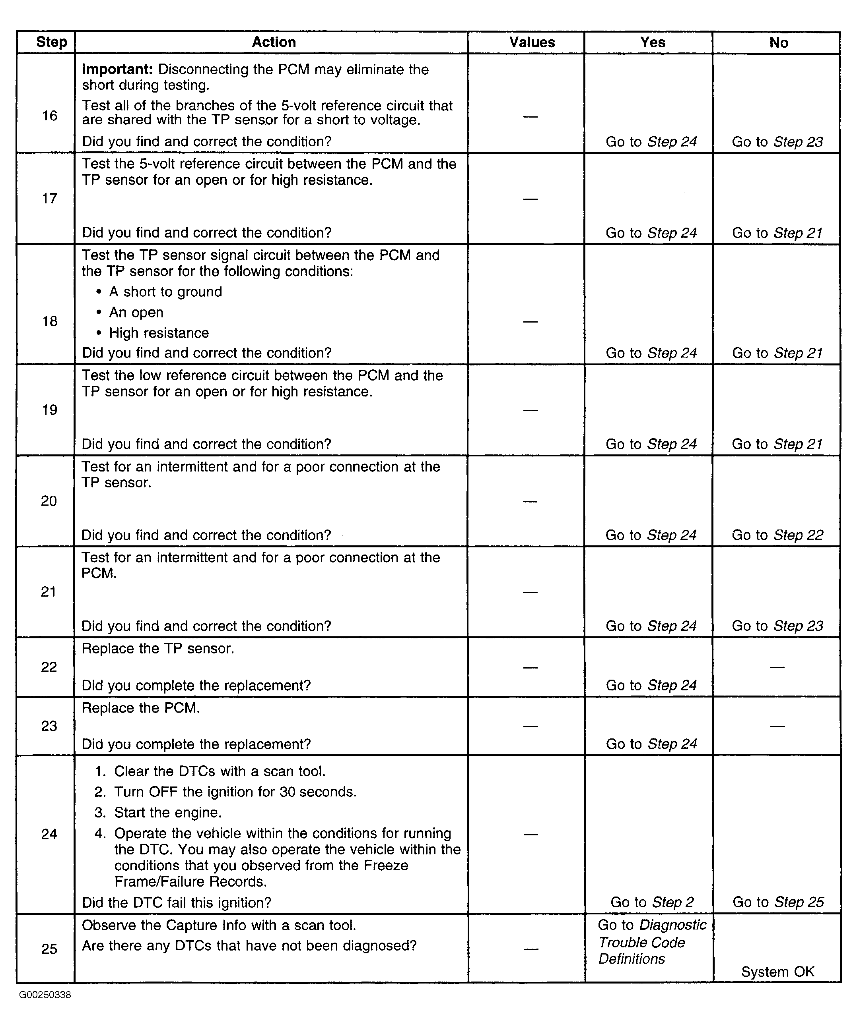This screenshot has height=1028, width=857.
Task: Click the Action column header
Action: (274, 43)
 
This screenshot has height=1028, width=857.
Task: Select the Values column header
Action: (532, 43)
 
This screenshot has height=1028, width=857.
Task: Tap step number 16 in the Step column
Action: (49, 116)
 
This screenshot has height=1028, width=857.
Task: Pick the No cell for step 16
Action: (777, 142)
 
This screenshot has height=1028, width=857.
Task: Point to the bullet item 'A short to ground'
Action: (165, 292)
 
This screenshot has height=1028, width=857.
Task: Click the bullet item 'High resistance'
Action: (159, 333)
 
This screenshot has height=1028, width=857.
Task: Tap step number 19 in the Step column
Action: (49, 410)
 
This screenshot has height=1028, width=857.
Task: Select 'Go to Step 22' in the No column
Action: (777, 535)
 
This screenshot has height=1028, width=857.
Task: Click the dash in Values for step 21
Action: (530, 592)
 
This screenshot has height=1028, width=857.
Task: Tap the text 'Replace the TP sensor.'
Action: (158, 649)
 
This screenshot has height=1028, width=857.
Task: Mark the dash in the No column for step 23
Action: (777, 726)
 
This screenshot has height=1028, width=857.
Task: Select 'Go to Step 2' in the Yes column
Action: (652, 902)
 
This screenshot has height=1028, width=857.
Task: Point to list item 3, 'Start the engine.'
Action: (167, 813)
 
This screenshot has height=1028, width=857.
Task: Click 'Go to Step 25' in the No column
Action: (777, 902)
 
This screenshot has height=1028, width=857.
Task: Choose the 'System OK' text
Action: (777, 972)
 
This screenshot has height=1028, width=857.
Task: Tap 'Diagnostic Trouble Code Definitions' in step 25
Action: (652, 942)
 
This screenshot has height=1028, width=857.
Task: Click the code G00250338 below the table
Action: (45, 995)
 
